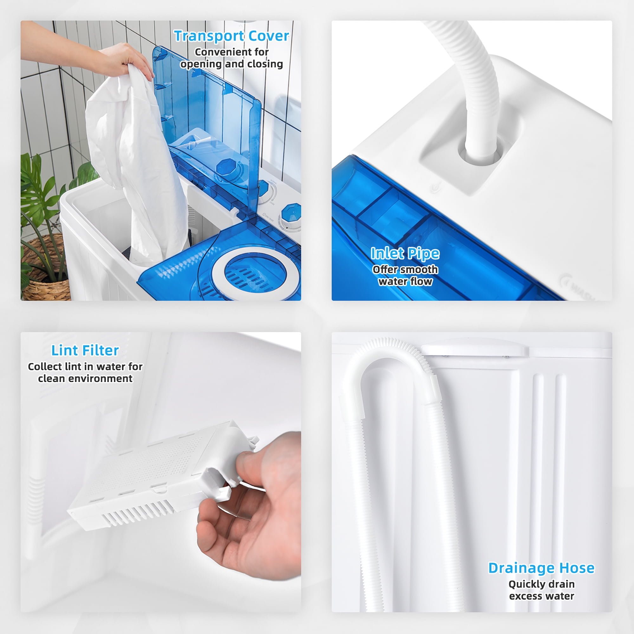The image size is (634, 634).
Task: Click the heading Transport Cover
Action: pyautogui.click(x=231, y=36)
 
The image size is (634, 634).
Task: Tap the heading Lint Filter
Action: pyautogui.click(x=85, y=351)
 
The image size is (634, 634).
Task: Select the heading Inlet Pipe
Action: pyautogui.click(x=405, y=253)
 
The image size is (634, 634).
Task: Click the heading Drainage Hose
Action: pyautogui.click(x=541, y=568)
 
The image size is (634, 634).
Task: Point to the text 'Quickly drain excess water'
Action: pyautogui.click(x=541, y=590)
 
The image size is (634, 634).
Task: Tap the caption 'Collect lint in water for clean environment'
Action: pyautogui.click(x=85, y=372)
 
